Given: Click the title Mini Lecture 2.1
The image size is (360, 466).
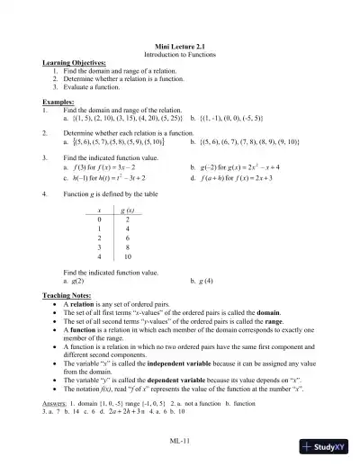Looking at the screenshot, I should click(x=180, y=44).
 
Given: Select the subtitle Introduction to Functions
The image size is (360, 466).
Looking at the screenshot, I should click(x=180, y=52).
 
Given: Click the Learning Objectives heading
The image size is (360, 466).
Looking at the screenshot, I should click(x=73, y=62).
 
